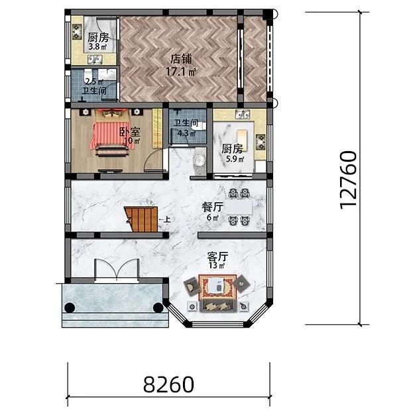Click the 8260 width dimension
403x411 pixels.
(x=168, y=384)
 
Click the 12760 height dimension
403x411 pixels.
(x=348, y=180)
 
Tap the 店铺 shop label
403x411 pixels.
(x=181, y=59)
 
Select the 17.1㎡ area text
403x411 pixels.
(x=181, y=72)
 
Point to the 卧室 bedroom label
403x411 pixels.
(x=130, y=132)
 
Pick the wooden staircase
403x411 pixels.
(x=141, y=219)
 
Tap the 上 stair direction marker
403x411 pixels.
(x=167, y=219)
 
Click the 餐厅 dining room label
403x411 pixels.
(x=212, y=207)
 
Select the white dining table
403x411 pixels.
(x=239, y=207)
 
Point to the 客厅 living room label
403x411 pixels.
(x=217, y=257)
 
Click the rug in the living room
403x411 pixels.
(x=217, y=287)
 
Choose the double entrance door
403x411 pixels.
(x=117, y=270)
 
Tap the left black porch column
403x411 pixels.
(x=70, y=308)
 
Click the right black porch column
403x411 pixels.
(x=158, y=308)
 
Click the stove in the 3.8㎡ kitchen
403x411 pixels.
(x=77, y=31)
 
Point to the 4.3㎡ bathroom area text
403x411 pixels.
(x=186, y=133)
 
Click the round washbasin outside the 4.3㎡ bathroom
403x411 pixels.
(x=200, y=160)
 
